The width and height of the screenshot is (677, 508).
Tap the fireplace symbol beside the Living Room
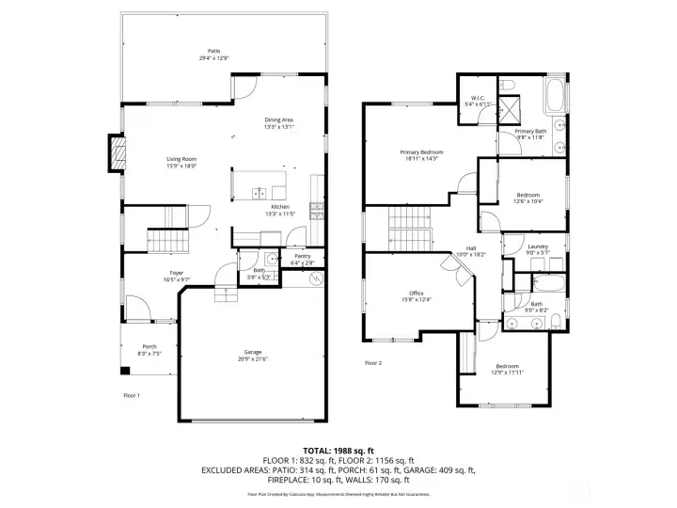(x=117, y=155)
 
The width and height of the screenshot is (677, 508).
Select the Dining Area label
(x=279, y=120)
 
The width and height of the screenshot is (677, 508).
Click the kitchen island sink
(x=259, y=193)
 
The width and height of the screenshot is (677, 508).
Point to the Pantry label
(x=302, y=256)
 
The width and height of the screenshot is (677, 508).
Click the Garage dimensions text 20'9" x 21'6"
(x=254, y=359)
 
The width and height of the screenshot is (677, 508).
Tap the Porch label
(x=150, y=345)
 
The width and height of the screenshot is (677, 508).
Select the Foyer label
(x=176, y=272)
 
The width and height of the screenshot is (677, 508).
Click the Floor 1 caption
(x=132, y=395)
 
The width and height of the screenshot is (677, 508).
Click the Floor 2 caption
(x=373, y=362)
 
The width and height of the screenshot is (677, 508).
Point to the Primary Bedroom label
(x=421, y=151)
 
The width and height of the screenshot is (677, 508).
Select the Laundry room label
(x=537, y=246)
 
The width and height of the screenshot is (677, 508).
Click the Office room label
(x=417, y=293)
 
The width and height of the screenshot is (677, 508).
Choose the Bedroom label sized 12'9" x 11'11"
(x=507, y=365)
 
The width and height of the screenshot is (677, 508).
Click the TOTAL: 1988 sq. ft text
(x=338, y=450)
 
